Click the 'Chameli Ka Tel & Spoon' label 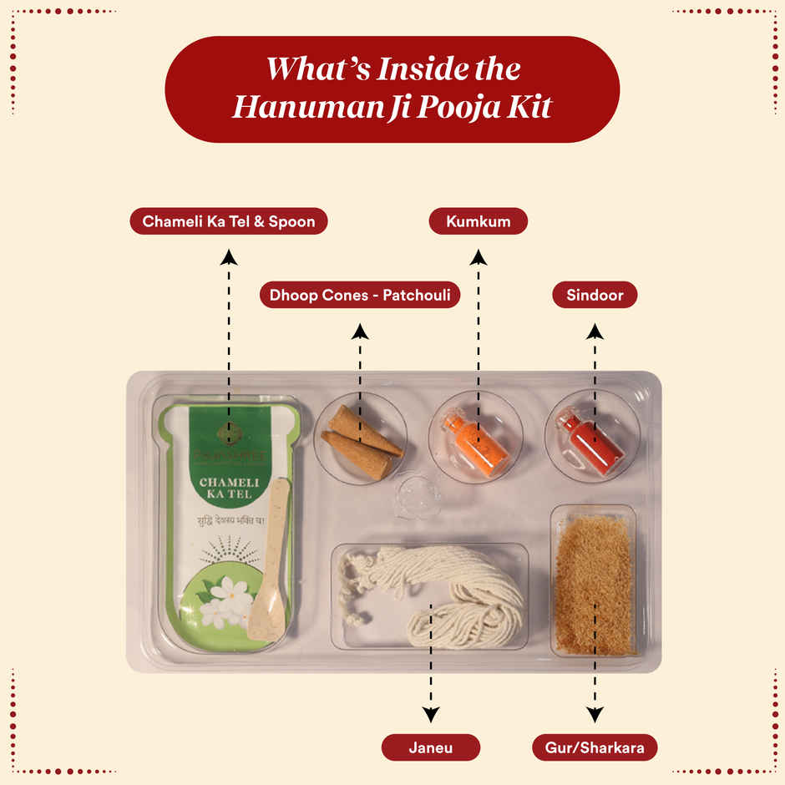(229, 221)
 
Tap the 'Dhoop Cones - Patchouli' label (360, 296)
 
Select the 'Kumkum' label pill (478, 221)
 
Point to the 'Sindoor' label (595, 295)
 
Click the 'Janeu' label (430, 747)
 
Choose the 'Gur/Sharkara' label (595, 747)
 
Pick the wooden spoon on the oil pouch (271, 568)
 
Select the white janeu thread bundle (434, 593)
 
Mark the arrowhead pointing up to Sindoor (595, 332)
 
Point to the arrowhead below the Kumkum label (478, 256)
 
